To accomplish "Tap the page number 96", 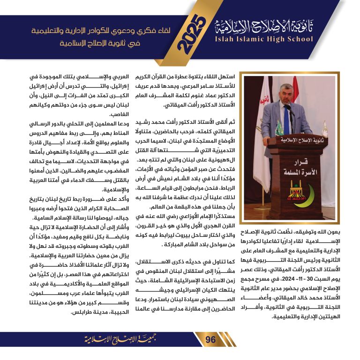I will (210, 339).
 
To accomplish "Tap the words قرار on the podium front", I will (296, 159).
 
